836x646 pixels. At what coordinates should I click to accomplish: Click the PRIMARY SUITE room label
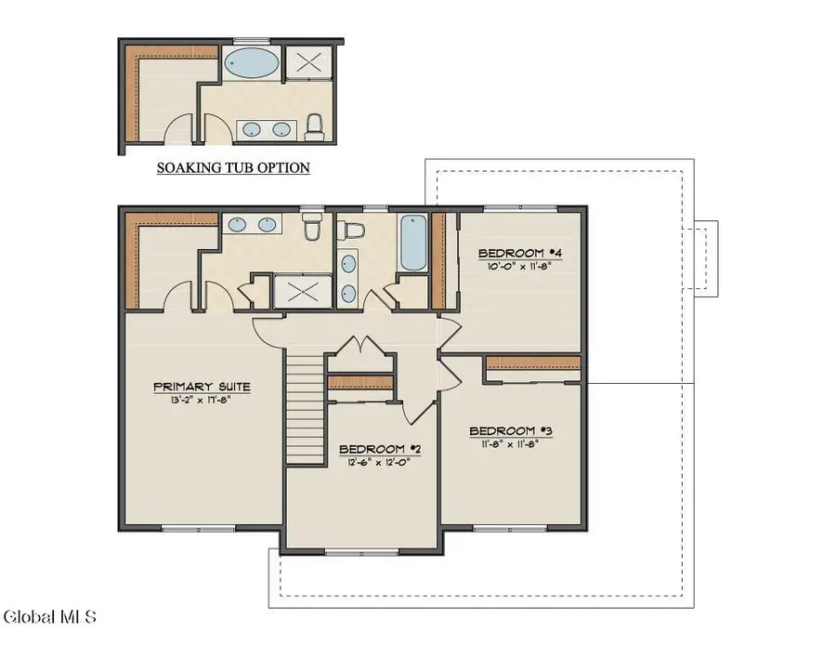pyautogui.click(x=202, y=387)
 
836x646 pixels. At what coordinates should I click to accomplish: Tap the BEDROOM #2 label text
pyautogui.click(x=380, y=449)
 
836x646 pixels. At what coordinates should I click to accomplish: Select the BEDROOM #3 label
pyautogui.click(x=511, y=430)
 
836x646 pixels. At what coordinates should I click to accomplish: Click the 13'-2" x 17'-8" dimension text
pyautogui.click(x=202, y=402)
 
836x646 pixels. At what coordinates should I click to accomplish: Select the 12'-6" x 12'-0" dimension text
pyautogui.click(x=379, y=462)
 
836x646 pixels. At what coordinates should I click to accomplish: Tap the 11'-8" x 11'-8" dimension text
pyautogui.click(x=511, y=444)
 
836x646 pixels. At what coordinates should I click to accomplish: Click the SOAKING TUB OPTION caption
pyautogui.click(x=232, y=168)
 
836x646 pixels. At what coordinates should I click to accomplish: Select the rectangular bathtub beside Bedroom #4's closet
pyautogui.click(x=413, y=243)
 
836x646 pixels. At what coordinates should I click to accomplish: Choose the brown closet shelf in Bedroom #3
pyautogui.click(x=534, y=364)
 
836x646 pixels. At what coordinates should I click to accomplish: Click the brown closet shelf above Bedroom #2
pyautogui.click(x=361, y=382)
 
